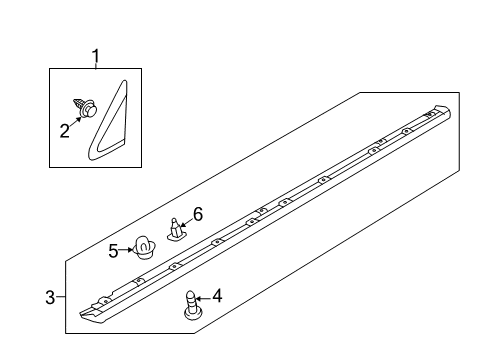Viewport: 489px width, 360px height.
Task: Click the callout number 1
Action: click(x=96, y=56)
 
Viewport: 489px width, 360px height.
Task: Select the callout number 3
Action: click(x=49, y=296)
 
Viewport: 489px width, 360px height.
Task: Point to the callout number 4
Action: click(x=215, y=297)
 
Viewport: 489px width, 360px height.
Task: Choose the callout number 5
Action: click(x=114, y=250)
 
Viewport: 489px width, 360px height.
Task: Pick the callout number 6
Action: click(x=198, y=213)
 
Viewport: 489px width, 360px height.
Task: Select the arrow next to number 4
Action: click(x=203, y=297)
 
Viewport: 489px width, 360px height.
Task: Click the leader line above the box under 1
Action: click(x=96, y=65)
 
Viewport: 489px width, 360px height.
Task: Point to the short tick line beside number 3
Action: click(x=60, y=296)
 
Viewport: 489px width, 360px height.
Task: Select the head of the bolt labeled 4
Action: click(x=191, y=314)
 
